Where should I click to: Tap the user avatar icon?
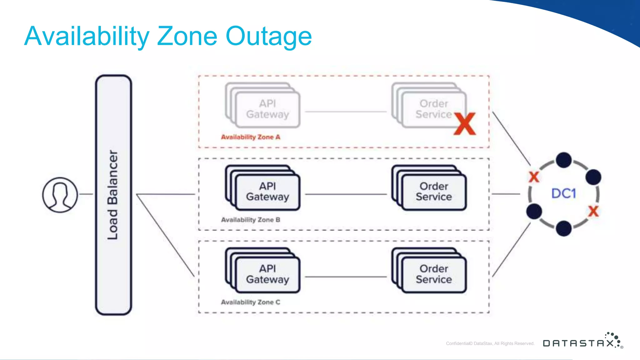[x=60, y=195]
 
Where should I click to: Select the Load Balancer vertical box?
[x=113, y=195]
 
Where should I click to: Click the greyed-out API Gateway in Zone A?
[x=267, y=109]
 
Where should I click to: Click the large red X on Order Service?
[x=465, y=124]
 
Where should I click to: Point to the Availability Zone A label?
[x=250, y=137]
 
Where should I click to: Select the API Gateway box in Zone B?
[x=267, y=192]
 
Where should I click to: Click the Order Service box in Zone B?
[x=433, y=192]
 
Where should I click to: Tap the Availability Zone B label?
[x=250, y=220]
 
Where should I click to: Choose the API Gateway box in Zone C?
[x=267, y=274]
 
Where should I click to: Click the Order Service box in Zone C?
[x=433, y=274]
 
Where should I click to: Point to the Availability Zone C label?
[x=250, y=302]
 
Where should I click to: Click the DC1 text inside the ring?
[x=563, y=193]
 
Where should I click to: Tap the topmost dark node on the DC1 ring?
[x=564, y=160]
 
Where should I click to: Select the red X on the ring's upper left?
[x=534, y=177]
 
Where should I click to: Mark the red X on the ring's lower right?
[x=593, y=212]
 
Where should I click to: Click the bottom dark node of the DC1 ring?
[x=564, y=228]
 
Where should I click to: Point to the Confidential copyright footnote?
[x=490, y=343]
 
